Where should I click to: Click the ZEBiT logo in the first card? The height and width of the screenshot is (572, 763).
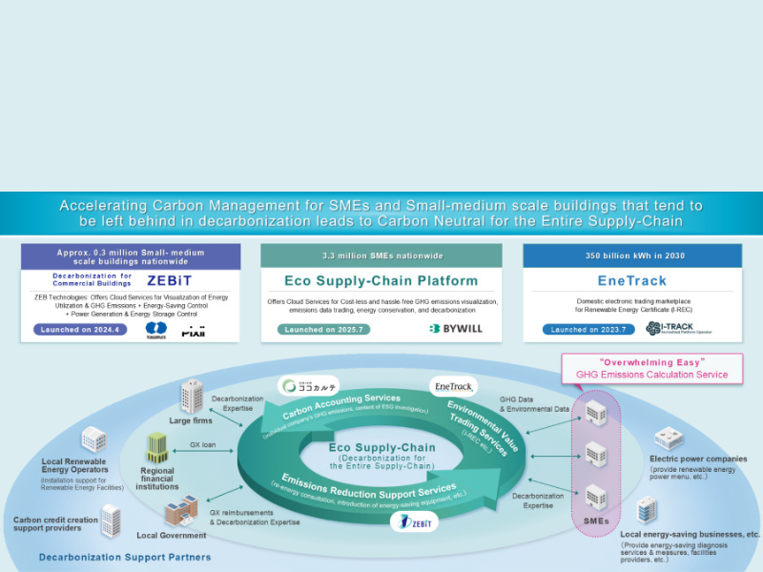[170, 281]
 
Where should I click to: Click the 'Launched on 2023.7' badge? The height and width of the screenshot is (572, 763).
[582, 329]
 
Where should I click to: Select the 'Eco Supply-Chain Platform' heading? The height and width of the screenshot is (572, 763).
[381, 281]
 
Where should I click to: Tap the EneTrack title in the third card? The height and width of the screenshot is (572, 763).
[633, 281]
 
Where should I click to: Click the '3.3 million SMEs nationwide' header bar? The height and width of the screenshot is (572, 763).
[381, 255]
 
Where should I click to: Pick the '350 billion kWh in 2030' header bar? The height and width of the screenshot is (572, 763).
[633, 255]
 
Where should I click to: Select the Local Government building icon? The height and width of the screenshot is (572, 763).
[175, 512]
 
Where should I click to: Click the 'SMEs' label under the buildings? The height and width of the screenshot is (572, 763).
[595, 521]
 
